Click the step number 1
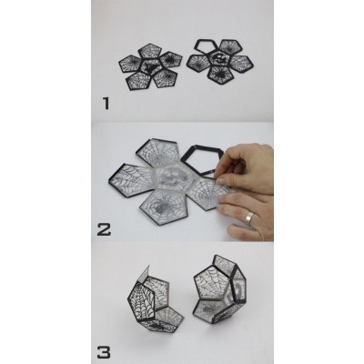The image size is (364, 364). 106,103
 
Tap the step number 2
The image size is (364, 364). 104,229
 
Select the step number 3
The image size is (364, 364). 104,352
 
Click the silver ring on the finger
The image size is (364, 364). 249,218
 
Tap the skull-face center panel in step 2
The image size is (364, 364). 173,177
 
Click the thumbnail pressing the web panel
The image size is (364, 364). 222,181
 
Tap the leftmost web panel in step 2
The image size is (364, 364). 130,180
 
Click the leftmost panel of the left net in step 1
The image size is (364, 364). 130,64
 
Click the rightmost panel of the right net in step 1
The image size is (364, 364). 240,63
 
